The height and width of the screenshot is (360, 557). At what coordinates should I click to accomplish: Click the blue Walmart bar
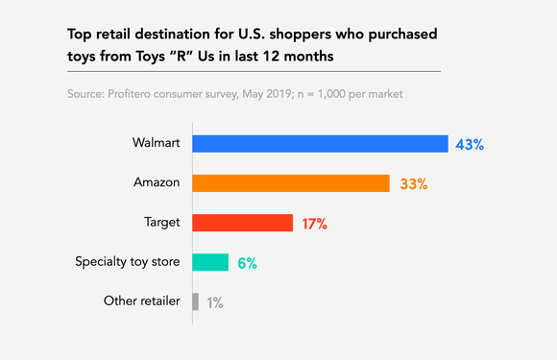coord(320,144)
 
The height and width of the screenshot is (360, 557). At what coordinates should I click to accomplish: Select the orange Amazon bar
coord(290,183)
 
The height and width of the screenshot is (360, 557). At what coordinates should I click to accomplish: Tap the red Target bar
coord(242,223)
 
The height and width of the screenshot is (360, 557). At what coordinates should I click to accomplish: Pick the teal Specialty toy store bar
coord(210,262)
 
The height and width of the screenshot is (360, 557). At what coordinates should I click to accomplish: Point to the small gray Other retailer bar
coord(195,301)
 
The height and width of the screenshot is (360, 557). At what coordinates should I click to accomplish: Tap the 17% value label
coord(314,223)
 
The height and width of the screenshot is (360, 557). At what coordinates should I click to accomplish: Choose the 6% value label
coord(247,262)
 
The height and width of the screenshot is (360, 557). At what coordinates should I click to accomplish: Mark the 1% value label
coord(214,301)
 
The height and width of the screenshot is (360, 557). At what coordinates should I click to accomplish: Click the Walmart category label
coord(157,144)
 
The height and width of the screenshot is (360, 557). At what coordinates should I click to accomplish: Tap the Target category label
coord(162,223)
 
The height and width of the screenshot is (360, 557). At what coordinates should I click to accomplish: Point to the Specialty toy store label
coord(128,262)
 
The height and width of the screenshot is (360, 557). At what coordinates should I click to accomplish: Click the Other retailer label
coord(142,301)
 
